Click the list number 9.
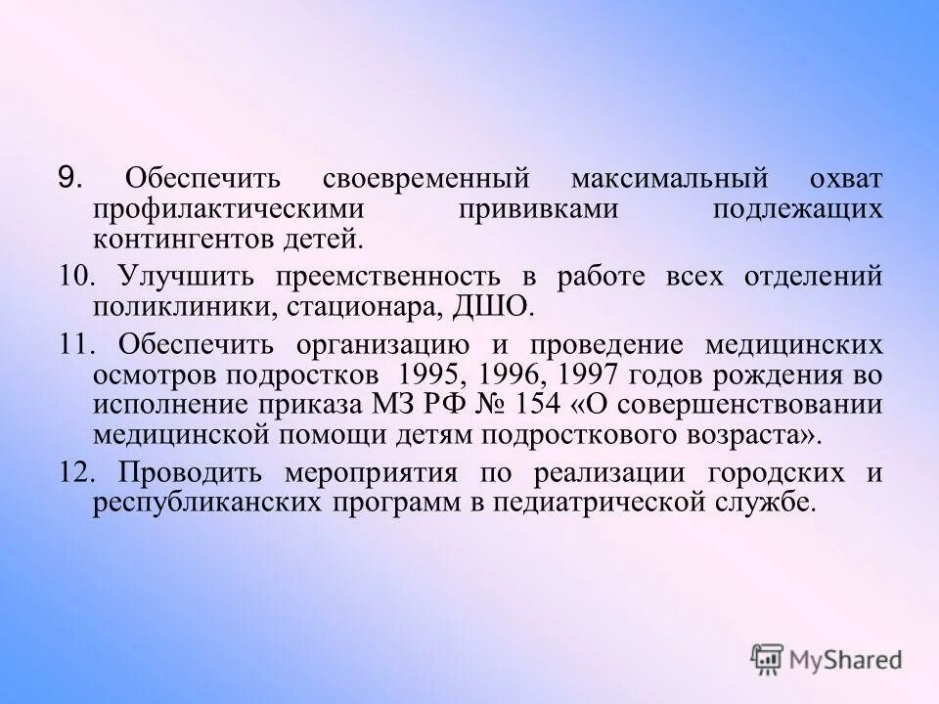71,178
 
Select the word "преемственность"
409,276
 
